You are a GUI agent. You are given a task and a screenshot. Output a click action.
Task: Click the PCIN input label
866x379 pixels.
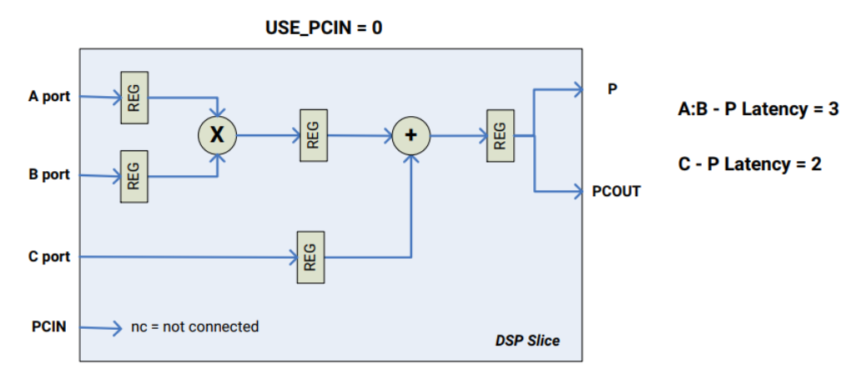tap(48, 326)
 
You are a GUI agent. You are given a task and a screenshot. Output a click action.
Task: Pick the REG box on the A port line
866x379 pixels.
tap(134, 97)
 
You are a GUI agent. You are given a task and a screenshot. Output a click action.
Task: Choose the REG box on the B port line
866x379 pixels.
tap(134, 175)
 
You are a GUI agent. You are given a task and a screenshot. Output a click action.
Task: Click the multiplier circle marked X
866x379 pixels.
tap(217, 134)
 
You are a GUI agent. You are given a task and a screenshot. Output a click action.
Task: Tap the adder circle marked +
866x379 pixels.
tap(410, 134)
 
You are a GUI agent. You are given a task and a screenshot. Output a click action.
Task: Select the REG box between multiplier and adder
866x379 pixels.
tap(312, 134)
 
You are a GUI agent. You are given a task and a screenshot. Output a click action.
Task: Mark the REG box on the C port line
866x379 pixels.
tap(310, 256)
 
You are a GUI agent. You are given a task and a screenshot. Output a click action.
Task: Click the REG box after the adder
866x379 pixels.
tap(500, 134)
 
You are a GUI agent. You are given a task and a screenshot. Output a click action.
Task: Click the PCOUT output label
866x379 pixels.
tap(616, 191)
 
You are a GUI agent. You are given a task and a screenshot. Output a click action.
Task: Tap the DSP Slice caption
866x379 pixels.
tap(527, 341)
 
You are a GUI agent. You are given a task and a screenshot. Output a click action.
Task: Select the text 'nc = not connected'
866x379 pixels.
tap(195, 326)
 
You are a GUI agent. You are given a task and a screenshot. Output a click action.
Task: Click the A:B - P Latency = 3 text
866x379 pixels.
tap(758, 109)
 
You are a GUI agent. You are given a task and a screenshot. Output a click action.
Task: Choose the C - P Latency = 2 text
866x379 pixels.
tap(749, 164)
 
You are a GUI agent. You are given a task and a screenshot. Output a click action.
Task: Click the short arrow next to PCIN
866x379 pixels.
tap(106, 326)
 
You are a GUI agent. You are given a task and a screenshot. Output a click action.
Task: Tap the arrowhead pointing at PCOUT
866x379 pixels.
tap(577, 192)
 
